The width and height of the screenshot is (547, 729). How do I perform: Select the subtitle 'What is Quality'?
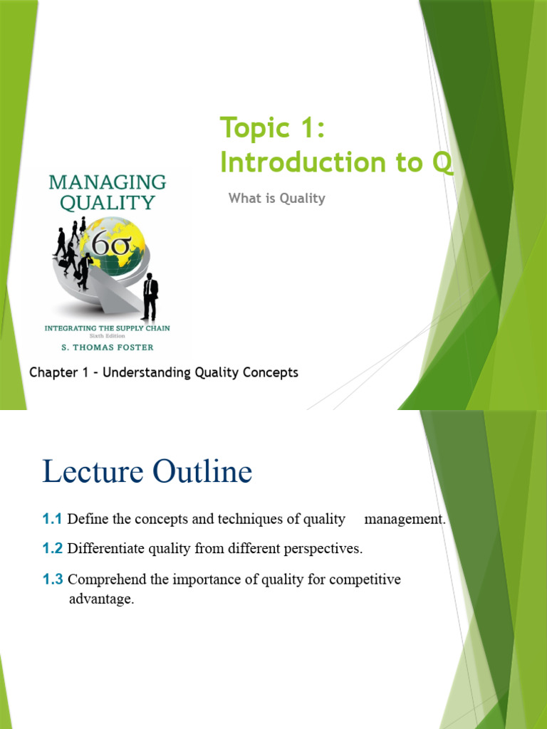(276, 199)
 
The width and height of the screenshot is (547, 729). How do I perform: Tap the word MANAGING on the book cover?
(108, 182)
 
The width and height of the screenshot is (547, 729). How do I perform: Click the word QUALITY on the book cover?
(108, 203)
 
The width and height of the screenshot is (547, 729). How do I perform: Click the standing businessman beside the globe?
(150, 296)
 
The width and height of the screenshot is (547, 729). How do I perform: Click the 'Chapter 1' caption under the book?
(164, 372)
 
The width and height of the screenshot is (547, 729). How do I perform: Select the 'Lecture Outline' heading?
(147, 472)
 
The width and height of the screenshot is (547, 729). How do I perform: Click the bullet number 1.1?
(53, 519)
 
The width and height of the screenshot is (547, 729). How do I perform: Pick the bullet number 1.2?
(53, 549)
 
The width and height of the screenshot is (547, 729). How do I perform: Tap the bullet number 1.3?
(53, 579)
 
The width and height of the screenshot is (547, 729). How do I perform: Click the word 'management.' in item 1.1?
(405, 519)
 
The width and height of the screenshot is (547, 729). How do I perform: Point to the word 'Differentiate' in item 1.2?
(105, 549)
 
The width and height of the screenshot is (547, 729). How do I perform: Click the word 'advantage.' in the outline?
(101, 599)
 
